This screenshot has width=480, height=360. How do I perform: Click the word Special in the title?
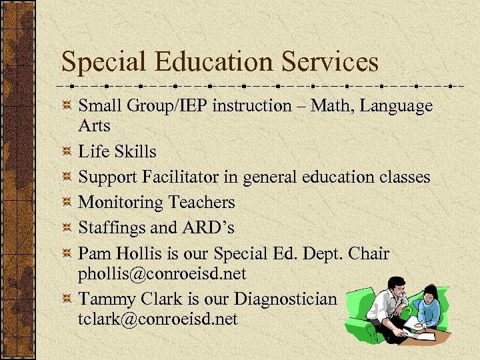pyautogui.click(x=100, y=63)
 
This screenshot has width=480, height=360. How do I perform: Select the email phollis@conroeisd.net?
pyautogui.click(x=163, y=273)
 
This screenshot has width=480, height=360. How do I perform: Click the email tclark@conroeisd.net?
pyautogui.click(x=158, y=319)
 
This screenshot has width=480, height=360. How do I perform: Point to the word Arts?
pyautogui.click(x=94, y=125)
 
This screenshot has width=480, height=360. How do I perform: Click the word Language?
pyautogui.click(x=398, y=106)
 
